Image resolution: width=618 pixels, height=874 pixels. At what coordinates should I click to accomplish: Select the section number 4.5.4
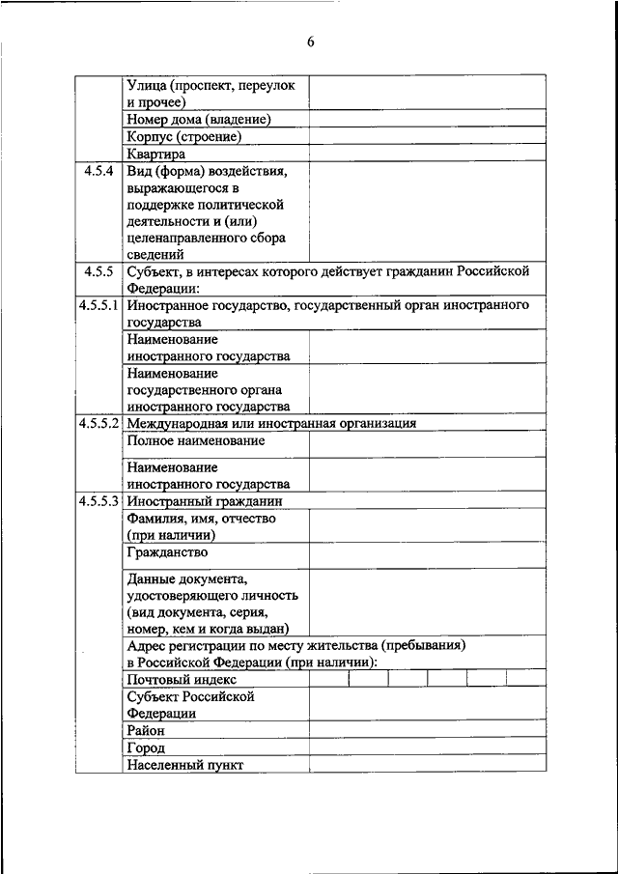tap(99, 171)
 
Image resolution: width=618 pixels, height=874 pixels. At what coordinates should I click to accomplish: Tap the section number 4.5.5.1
tap(99, 305)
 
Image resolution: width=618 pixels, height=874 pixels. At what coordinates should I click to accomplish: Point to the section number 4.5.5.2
tap(99, 423)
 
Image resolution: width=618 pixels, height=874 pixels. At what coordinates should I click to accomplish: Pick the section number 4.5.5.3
tap(99, 501)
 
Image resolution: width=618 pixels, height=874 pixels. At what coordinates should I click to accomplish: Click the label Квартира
tap(155, 154)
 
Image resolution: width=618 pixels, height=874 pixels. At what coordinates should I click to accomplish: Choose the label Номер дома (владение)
tap(198, 119)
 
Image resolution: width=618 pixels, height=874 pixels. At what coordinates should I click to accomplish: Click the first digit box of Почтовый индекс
tap(329, 678)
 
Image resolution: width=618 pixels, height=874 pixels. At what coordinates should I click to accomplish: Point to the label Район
tap(146, 731)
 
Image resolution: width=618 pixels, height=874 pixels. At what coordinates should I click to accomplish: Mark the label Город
tap(146, 747)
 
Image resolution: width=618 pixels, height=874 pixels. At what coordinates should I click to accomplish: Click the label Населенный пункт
tap(184, 765)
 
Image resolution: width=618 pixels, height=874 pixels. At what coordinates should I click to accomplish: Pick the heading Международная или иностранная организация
tap(271, 423)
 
